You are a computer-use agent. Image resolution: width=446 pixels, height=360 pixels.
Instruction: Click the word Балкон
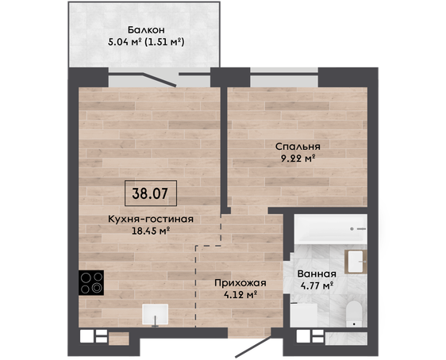coord(146,30)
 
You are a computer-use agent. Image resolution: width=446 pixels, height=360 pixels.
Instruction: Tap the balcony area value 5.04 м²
coord(125,42)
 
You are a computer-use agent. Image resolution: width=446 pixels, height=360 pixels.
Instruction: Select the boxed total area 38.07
coord(151,193)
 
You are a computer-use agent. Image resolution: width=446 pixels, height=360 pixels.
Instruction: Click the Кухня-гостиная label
coord(151,219)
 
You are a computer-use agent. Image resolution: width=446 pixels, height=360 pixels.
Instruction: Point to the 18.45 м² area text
coord(151,231)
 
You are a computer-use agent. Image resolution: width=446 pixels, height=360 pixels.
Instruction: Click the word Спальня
coord(298,147)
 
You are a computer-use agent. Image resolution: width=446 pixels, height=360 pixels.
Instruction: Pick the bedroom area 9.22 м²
coord(298,159)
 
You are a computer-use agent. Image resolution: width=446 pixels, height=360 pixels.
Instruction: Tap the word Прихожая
coord(240,283)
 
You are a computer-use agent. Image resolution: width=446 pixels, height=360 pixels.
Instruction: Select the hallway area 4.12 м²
coord(240,295)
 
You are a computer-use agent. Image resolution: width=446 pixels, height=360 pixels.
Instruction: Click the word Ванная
coord(317,274)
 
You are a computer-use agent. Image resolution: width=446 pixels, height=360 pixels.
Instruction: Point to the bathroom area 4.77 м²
coord(317,285)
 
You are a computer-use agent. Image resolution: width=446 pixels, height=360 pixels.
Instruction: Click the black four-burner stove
coord(91,283)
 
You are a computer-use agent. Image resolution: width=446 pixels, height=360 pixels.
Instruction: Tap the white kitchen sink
coord(155,315)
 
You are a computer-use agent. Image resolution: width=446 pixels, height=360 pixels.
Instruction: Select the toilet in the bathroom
coord(354,314)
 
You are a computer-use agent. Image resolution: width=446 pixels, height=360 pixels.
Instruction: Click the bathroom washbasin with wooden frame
coord(356,262)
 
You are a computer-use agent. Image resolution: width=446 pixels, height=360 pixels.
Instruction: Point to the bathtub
coord(330,228)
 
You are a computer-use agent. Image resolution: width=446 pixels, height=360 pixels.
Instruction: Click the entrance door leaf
coord(253,346)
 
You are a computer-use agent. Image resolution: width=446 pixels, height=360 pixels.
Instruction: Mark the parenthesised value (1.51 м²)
coord(164,42)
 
